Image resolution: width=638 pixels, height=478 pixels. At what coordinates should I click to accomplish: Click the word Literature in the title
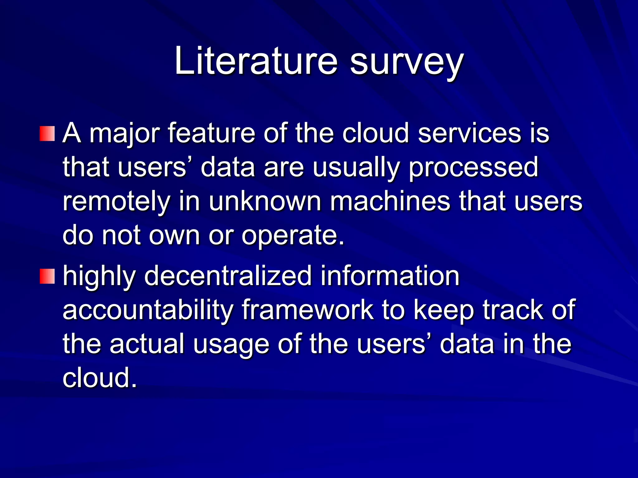tap(256, 61)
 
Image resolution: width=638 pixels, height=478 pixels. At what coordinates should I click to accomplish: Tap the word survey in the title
tap(407, 62)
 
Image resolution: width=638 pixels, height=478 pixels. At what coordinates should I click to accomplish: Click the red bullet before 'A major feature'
tap(47, 134)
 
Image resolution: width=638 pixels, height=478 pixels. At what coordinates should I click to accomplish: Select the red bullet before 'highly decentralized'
tap(47, 276)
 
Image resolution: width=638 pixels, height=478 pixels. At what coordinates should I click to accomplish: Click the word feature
tap(212, 133)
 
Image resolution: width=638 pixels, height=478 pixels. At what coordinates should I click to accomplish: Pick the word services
tap(469, 133)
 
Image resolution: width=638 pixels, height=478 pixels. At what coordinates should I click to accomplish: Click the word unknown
tap(265, 201)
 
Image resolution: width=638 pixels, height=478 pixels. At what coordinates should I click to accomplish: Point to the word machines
tap(390, 201)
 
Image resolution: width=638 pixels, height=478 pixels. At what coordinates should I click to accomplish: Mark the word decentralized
tap(228, 276)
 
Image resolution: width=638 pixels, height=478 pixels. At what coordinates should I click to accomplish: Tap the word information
tap(390, 276)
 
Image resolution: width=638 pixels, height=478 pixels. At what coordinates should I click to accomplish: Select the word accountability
tap(148, 310)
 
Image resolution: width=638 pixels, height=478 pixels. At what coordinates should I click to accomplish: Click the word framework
tap(307, 310)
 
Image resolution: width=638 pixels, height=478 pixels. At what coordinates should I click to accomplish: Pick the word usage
tap(231, 345)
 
